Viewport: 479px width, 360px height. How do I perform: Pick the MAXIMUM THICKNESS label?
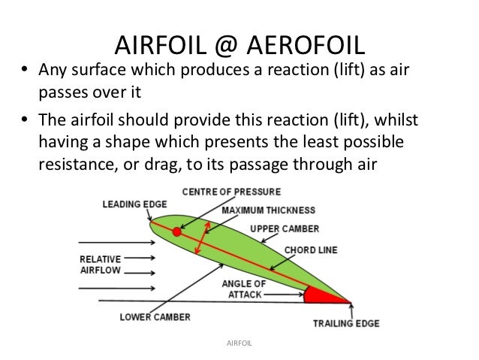[268, 210]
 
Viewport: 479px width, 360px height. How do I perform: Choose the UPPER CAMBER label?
[284, 228]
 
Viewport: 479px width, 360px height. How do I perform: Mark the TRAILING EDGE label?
[345, 323]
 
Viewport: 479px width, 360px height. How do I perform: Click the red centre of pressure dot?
[176, 232]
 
